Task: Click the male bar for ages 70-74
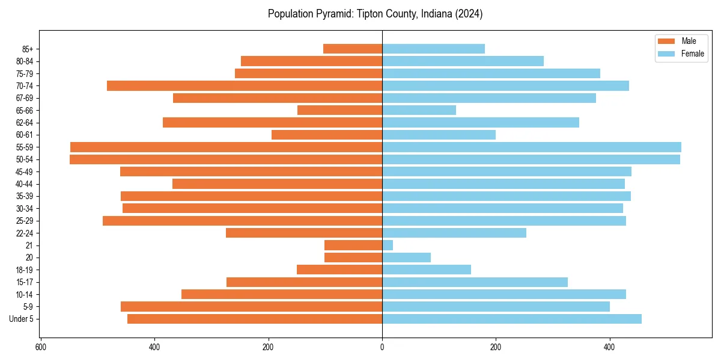tap(245, 85)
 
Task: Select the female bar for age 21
tap(388, 245)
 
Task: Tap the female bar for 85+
tap(433, 49)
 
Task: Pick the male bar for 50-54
tap(226, 159)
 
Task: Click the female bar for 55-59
tap(532, 147)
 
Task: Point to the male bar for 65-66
tap(339, 110)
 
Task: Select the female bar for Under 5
tap(512, 319)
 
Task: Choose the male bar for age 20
tap(353, 258)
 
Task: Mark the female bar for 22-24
tap(454, 233)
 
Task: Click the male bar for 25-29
tap(242, 221)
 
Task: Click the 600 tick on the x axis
tap(41, 347)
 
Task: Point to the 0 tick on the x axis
tap(382, 347)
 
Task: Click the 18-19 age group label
tap(24, 270)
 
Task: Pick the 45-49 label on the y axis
tap(24, 171)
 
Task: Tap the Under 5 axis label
tap(21, 319)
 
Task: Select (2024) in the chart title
tap(470, 13)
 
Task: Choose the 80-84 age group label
tap(24, 61)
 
